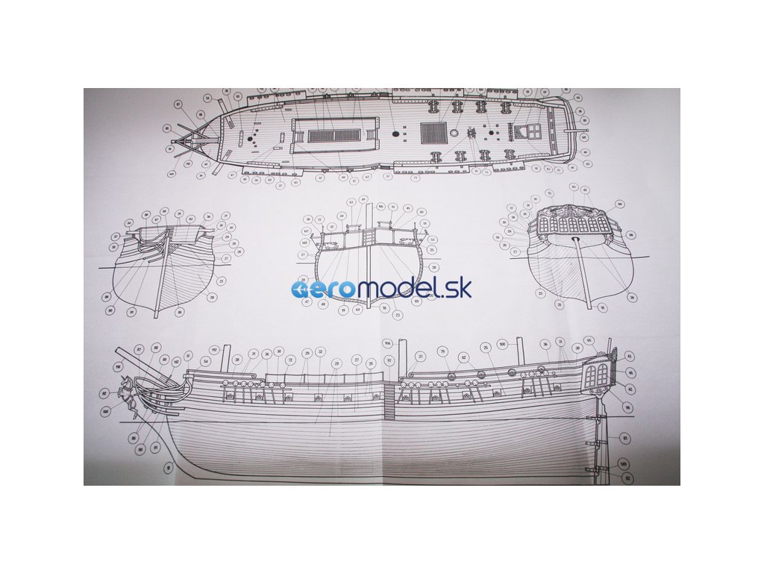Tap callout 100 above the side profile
(502, 344)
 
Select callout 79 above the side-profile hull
(442, 351)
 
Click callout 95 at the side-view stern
(589, 340)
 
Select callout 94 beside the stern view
(619, 204)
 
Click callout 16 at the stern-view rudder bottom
(603, 307)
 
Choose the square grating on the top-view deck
(433, 134)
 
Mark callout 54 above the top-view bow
(207, 98)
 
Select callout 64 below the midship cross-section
(357, 309)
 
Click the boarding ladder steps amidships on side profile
(389, 403)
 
